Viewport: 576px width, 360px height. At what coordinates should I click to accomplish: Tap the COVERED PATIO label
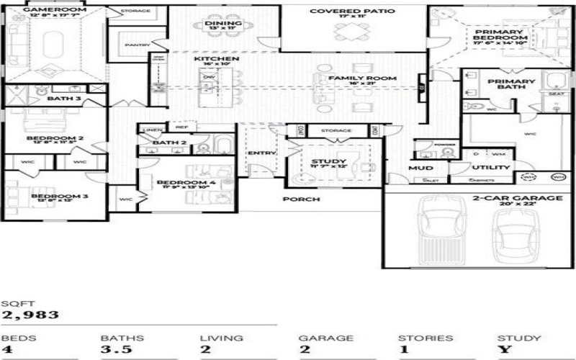342,12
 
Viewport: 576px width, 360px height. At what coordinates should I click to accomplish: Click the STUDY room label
329,161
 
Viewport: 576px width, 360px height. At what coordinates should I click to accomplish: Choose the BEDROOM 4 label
186,182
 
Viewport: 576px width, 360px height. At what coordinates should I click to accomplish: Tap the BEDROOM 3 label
49,196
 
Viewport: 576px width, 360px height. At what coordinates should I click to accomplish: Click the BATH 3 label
64,98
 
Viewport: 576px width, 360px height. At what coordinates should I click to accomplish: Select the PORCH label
301,199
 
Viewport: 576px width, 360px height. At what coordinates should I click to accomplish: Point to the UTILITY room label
491,168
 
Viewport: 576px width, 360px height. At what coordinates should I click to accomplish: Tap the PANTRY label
136,45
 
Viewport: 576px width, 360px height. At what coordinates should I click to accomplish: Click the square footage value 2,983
30,315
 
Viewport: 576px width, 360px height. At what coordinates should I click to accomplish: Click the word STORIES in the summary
426,338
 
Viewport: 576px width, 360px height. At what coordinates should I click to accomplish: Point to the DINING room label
217,23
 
